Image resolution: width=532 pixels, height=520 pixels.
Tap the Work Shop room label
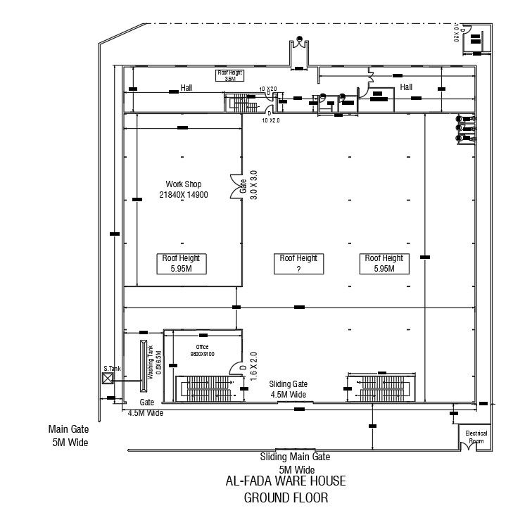point(183,189)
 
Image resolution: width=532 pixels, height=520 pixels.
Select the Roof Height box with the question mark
point(298,263)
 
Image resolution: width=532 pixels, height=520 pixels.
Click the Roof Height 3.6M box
point(229,75)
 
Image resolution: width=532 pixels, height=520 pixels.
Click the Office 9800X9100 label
point(202,350)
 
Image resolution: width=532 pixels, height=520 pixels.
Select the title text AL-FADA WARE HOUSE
point(286,481)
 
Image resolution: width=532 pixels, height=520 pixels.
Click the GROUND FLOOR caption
point(286,497)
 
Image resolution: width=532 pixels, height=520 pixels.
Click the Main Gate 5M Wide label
point(68,435)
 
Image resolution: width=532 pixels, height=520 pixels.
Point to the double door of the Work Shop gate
point(235,186)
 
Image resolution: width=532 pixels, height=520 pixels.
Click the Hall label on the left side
point(186,88)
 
